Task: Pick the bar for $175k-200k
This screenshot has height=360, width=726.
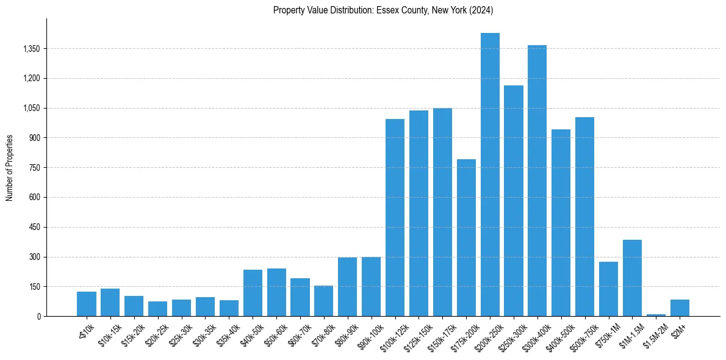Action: [466, 238]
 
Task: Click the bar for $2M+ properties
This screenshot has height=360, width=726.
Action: [680, 308]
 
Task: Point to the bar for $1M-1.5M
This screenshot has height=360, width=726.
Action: [632, 278]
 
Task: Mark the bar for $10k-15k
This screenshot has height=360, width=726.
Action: [110, 303]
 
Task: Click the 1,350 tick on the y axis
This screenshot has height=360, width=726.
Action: [31, 49]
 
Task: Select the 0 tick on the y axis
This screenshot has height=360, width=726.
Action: [38, 317]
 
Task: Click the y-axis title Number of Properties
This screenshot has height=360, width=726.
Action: [10, 168]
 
